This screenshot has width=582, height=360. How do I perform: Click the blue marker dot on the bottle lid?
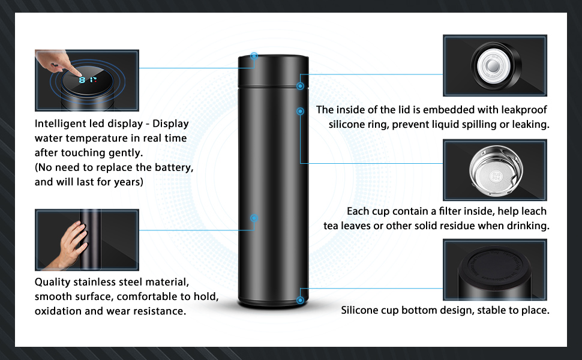pos(254,56)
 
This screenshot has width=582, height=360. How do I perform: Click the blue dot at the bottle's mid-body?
pos(254,218)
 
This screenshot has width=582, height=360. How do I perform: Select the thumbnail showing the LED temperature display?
pos(87,80)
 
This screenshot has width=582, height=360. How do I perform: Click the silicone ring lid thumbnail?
pos(494,65)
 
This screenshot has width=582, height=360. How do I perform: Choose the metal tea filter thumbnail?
pos(494,170)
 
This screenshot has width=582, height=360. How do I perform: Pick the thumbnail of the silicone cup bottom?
pos(494,269)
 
